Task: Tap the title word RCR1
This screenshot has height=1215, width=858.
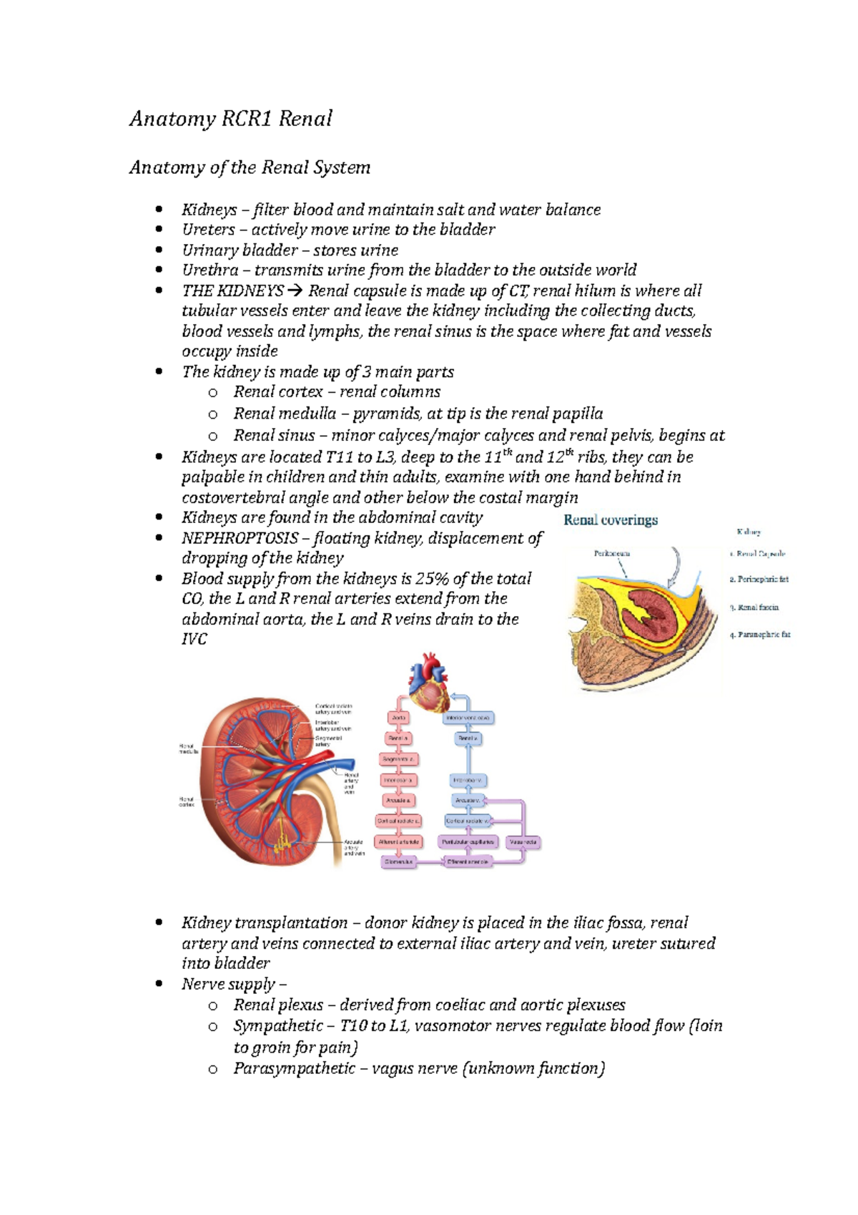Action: [246, 119]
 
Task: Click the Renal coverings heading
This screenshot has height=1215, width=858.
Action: [611, 520]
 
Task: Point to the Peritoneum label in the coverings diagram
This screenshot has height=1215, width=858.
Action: [612, 553]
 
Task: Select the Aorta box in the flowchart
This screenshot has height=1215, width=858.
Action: [399, 717]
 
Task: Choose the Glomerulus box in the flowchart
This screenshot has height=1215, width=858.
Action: [398, 862]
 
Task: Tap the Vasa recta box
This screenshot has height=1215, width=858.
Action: [523, 842]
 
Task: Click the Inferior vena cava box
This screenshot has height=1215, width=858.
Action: [468, 717]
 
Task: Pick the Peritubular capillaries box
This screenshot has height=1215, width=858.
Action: [468, 842]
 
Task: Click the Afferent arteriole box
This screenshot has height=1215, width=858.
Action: [399, 842]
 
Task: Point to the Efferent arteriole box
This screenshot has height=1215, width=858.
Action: [468, 862]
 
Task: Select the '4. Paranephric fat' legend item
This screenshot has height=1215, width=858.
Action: [760, 635]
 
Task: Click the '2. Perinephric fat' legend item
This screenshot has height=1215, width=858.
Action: [759, 580]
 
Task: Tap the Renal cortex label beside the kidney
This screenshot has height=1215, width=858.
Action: [186, 801]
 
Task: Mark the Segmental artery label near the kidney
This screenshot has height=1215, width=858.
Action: [328, 741]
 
